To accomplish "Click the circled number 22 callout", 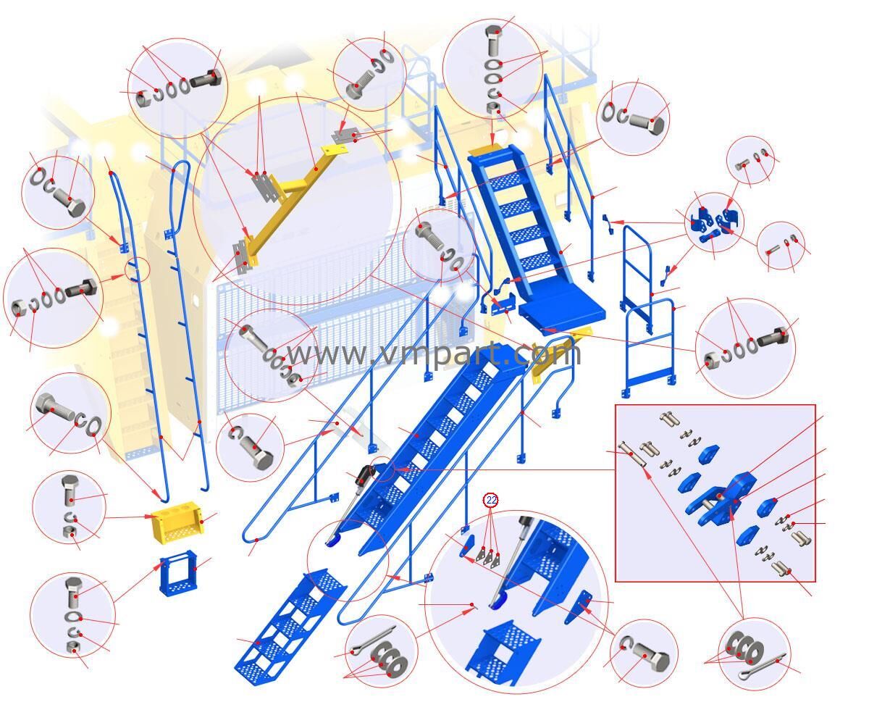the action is coord(492,500).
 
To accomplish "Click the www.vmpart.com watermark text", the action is coord(432,354).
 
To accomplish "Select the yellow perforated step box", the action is coord(178,522).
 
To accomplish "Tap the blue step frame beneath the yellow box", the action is coord(178,572).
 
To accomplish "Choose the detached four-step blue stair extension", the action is coord(290,626).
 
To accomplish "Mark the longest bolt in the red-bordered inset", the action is coord(632,455).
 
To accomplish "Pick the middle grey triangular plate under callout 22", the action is coord(488,557).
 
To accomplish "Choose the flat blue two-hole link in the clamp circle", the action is coord(710,237).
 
